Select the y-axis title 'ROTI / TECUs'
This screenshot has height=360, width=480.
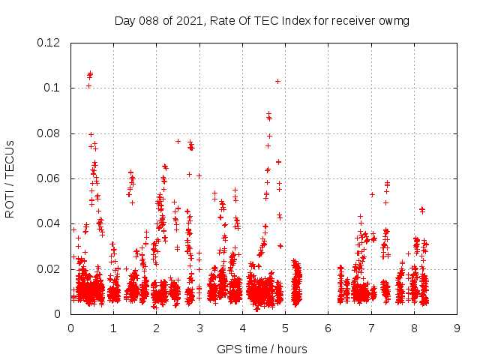[x=10, y=178]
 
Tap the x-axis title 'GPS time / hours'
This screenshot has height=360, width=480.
[x=262, y=349]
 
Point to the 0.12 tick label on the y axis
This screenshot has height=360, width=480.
[x=49, y=43]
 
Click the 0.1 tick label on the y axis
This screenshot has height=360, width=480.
[x=55, y=88]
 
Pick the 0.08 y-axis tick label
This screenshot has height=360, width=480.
[x=49, y=133]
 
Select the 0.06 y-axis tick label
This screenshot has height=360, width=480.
[x=49, y=178]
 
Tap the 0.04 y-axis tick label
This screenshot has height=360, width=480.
[x=49, y=223]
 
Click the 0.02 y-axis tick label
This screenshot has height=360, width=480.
[x=49, y=268]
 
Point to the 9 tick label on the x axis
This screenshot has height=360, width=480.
[x=457, y=327]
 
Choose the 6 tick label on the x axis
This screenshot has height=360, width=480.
[x=328, y=327]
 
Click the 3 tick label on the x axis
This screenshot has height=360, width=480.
[x=199, y=327]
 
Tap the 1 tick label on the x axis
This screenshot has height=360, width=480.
[x=113, y=327]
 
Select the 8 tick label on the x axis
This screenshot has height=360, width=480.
[x=414, y=327]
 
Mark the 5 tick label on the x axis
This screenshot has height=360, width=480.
[x=285, y=327]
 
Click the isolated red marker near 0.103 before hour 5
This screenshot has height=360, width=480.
[x=277, y=81]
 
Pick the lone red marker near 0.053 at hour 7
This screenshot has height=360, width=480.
[x=372, y=194]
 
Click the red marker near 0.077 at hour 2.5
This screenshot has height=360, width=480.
[x=178, y=141]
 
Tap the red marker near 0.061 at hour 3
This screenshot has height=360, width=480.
[x=199, y=175]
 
